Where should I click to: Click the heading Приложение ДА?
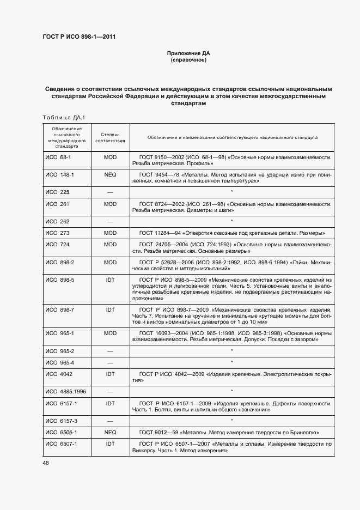coord(188,53)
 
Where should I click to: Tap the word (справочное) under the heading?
coord(188,60)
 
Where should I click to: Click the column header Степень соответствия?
coord(110,137)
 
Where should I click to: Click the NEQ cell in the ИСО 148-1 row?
coord(110,175)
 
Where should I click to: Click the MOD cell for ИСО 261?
coord(110,204)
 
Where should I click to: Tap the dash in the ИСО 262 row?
coord(110,221)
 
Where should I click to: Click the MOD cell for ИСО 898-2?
coord(110,263)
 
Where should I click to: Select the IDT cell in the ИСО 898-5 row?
coord(110,280)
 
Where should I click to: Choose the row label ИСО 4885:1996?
coord(63,391)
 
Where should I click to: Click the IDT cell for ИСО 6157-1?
coord(110,403)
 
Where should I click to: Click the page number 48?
coord(45,463)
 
